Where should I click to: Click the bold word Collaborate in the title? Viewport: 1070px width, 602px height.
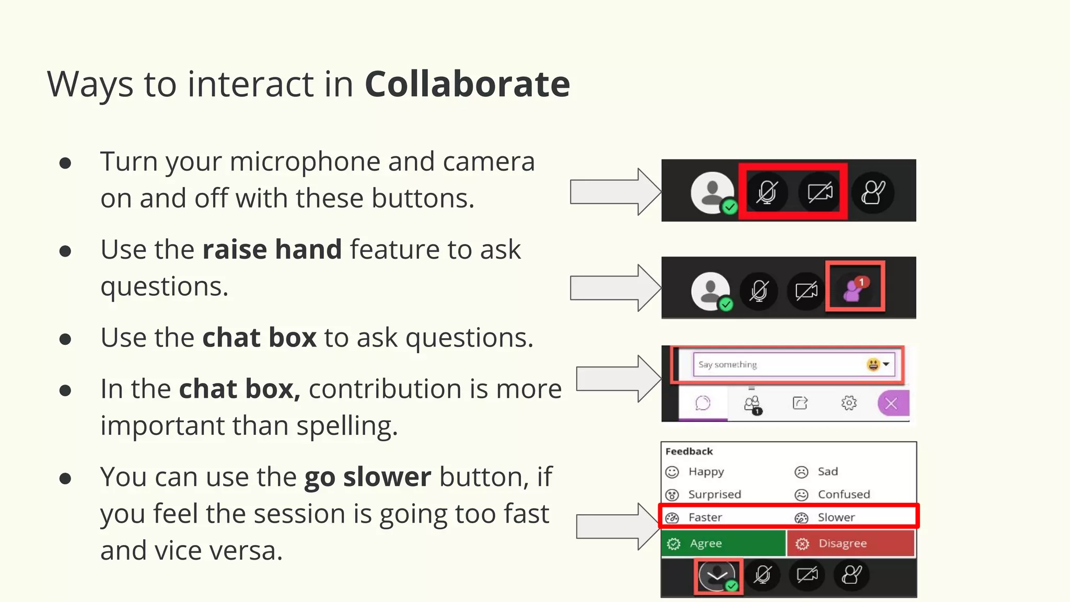pyautogui.click(x=467, y=84)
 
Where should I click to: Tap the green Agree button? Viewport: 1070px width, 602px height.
pyautogui.click(x=723, y=543)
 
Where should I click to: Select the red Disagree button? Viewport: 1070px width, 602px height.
pyautogui.click(x=850, y=543)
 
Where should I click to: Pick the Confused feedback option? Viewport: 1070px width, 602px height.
pyautogui.click(x=843, y=494)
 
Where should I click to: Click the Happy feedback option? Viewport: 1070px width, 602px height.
pyautogui.click(x=705, y=472)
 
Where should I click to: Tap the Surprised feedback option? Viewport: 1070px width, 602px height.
pyautogui.click(x=714, y=494)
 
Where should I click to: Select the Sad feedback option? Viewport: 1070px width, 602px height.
pyautogui.click(x=827, y=472)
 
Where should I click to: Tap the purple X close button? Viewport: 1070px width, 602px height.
pyautogui.click(x=892, y=403)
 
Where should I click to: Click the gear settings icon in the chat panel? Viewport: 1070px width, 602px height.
pyautogui.click(x=849, y=403)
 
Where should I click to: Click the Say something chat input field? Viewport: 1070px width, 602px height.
pyautogui.click(x=778, y=365)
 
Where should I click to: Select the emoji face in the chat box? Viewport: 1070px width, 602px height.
pyautogui.click(x=873, y=364)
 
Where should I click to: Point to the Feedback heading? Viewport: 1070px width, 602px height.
pyautogui.click(x=689, y=451)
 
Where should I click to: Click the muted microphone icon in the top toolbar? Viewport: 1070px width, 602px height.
pyautogui.click(x=767, y=193)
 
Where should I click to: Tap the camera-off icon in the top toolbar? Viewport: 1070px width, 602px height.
pyautogui.click(x=820, y=193)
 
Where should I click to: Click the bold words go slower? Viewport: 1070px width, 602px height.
pyautogui.click(x=368, y=477)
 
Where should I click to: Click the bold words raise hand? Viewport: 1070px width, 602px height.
pyautogui.click(x=272, y=249)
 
